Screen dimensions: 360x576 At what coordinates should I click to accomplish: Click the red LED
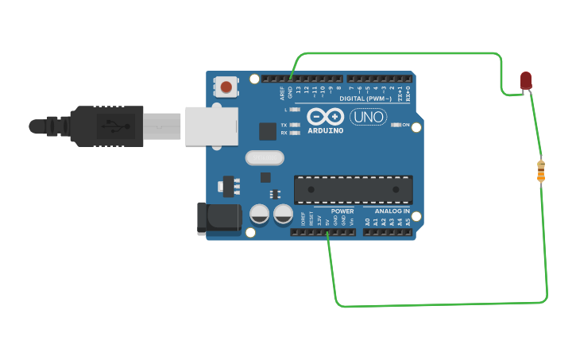click(x=526, y=80)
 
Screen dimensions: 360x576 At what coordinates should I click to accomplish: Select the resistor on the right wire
click(x=541, y=171)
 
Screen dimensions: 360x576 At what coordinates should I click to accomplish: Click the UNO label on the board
click(x=368, y=117)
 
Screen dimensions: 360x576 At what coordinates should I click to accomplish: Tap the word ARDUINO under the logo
click(x=326, y=130)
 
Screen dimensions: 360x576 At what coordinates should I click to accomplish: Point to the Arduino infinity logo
click(x=325, y=116)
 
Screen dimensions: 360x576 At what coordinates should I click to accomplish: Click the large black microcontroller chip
click(x=354, y=189)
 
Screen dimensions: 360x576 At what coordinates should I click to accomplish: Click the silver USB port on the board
click(x=211, y=126)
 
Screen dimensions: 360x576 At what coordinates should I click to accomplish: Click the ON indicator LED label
click(x=405, y=126)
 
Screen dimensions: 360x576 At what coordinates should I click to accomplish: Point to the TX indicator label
click(x=284, y=125)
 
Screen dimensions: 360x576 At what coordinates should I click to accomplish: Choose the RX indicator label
click(x=284, y=133)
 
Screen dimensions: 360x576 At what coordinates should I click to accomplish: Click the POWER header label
click(x=342, y=211)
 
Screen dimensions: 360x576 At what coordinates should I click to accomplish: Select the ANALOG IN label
click(x=392, y=211)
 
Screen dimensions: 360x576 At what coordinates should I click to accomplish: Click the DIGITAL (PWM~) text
click(x=365, y=99)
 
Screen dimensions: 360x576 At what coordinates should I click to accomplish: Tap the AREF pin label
click(x=282, y=93)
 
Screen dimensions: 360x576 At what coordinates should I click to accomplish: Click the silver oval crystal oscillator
click(x=265, y=158)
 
